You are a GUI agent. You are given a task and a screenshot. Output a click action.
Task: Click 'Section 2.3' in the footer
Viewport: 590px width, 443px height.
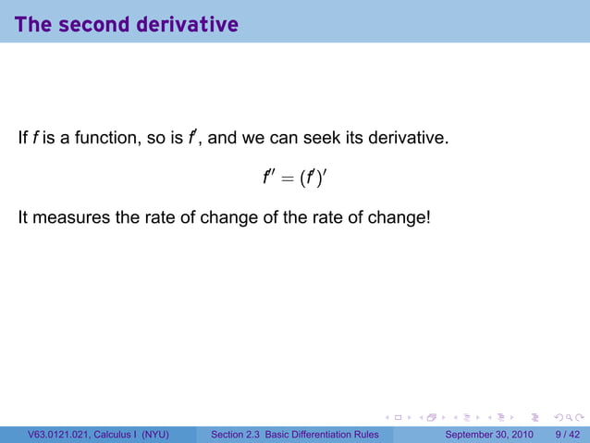[238, 435]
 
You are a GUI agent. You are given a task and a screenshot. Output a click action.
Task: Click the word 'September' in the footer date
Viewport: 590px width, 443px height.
[473, 435]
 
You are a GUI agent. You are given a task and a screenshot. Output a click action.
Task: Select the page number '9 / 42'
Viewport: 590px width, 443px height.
[566, 435]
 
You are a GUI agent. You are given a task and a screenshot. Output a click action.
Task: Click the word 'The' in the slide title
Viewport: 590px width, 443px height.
[32, 25]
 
